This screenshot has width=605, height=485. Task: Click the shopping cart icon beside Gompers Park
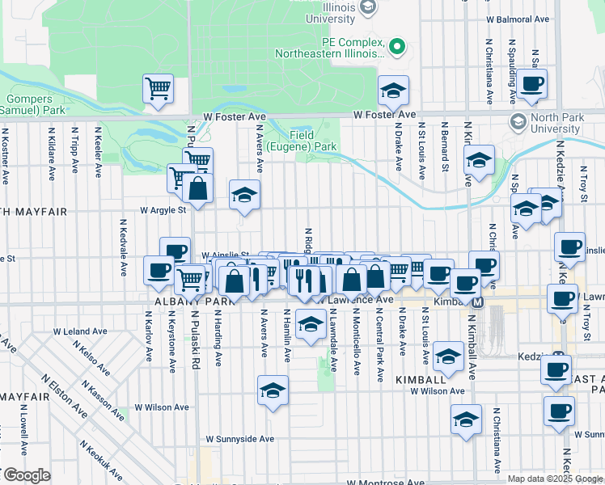tap(159, 88)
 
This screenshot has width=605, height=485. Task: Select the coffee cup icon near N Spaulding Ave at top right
tap(532, 83)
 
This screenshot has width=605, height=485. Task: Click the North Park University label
tap(557, 123)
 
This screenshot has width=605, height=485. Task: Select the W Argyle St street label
tap(163, 209)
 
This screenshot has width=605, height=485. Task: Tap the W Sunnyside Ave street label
tap(239, 439)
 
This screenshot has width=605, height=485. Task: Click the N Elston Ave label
tap(64, 397)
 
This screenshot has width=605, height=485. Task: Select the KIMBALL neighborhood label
tap(421, 378)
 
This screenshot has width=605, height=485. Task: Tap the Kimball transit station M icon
tap(477, 302)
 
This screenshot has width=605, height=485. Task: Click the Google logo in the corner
tap(27, 475)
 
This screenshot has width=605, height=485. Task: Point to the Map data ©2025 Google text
tap(555, 479)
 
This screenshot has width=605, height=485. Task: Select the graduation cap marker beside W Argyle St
tap(244, 195)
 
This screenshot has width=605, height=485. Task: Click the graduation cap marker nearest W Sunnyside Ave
tap(273, 391)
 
